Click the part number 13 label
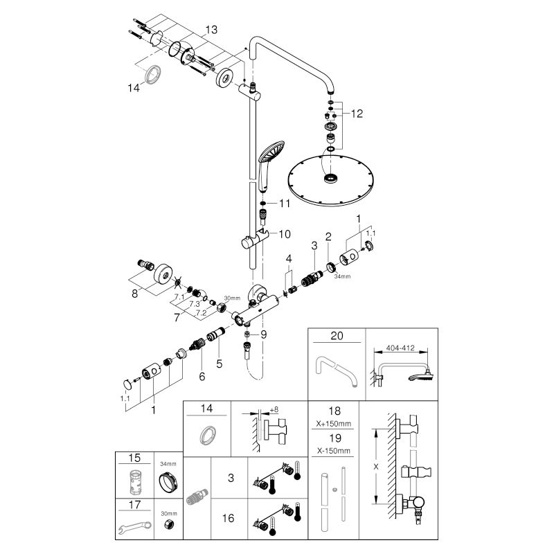pos(211,29)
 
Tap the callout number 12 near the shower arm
pos(357,113)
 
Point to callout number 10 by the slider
pos(284,234)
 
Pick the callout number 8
pos(135,293)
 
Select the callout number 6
pos(203,375)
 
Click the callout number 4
pos(289,258)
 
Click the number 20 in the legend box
pos(336,337)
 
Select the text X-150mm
pos(336,451)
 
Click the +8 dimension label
pos(275,409)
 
